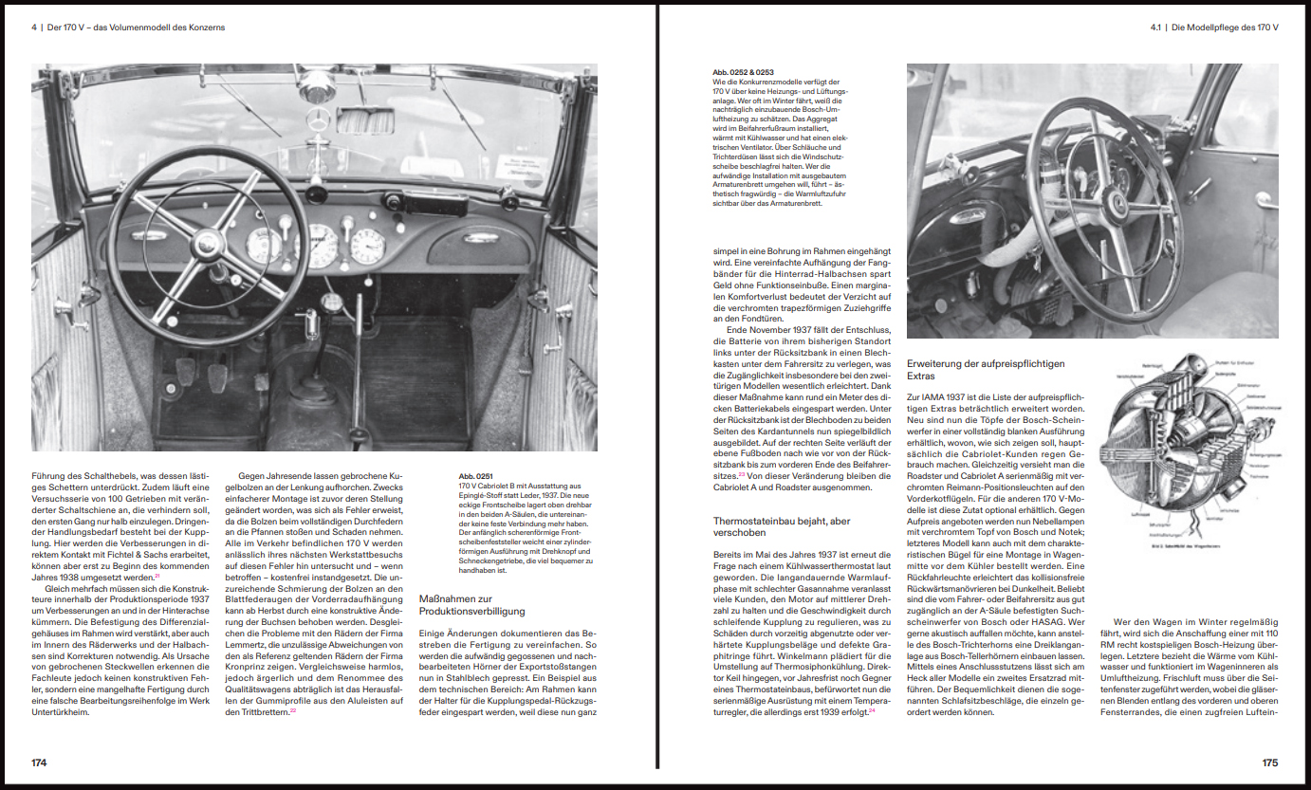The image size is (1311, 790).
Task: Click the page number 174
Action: coord(39,762)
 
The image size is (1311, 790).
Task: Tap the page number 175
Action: coord(1269,762)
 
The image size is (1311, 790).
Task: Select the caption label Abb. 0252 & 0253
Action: coord(743,72)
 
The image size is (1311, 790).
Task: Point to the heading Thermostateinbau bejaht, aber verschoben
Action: coord(782,527)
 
